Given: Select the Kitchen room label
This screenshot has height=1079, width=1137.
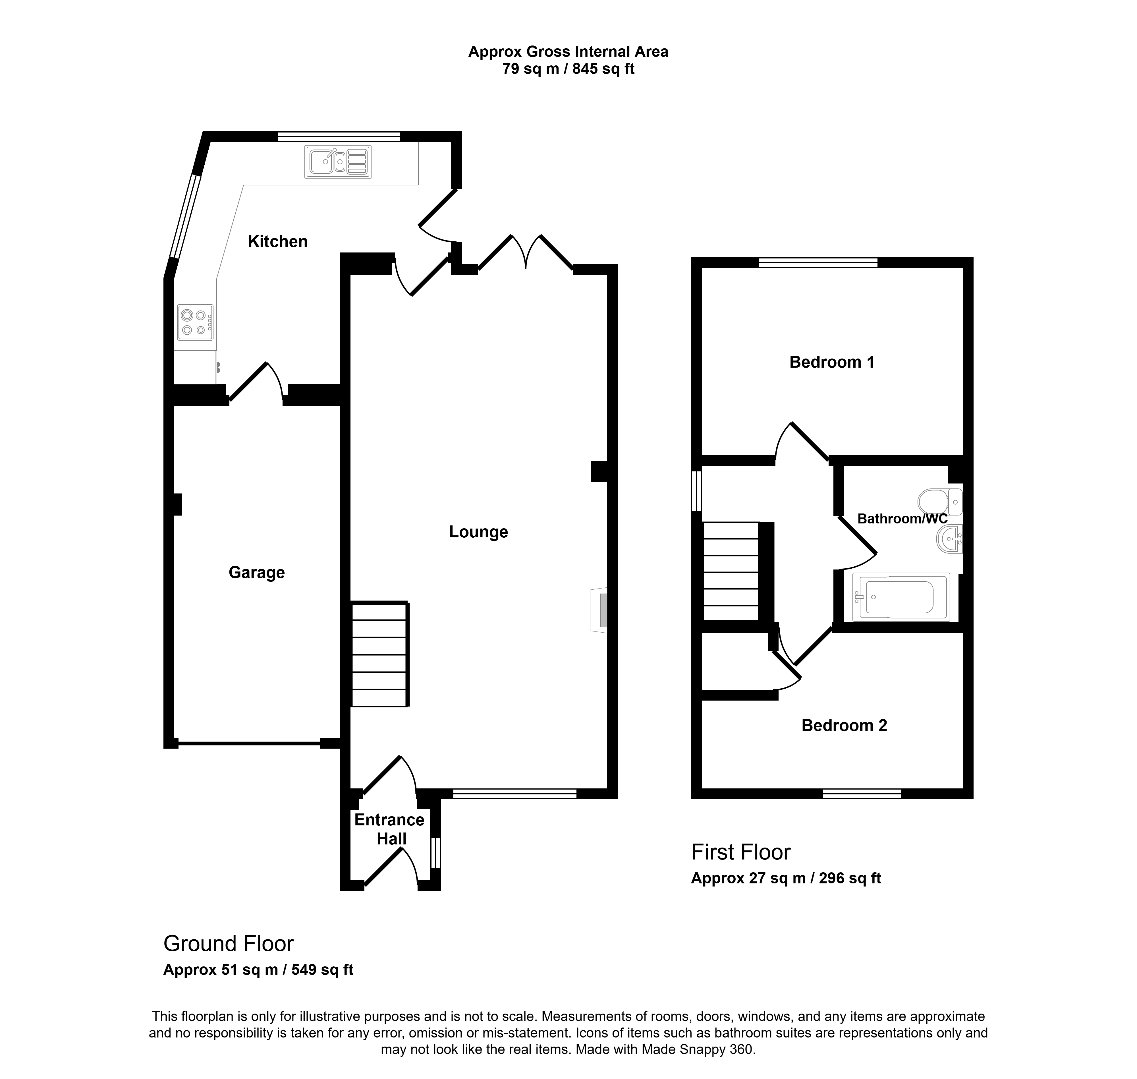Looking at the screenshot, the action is tap(278, 242).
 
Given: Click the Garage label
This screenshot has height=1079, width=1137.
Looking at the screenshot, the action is tap(256, 573).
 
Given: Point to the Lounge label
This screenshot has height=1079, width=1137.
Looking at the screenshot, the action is tap(478, 532).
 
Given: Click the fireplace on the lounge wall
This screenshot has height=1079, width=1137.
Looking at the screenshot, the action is tap(599, 610).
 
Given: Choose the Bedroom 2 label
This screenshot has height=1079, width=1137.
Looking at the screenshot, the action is tap(844, 725).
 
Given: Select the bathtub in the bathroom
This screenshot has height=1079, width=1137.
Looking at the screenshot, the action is tap(901, 597).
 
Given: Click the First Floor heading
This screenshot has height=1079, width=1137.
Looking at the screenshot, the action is tap(741, 852).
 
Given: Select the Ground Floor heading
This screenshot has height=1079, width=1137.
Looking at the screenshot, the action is tap(228, 943).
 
